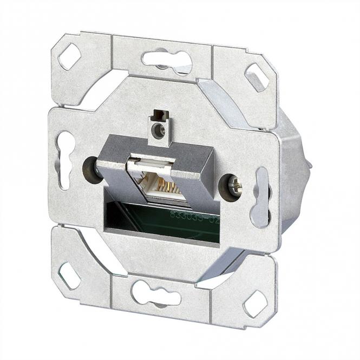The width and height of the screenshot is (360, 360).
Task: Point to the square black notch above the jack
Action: click(158, 115)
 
